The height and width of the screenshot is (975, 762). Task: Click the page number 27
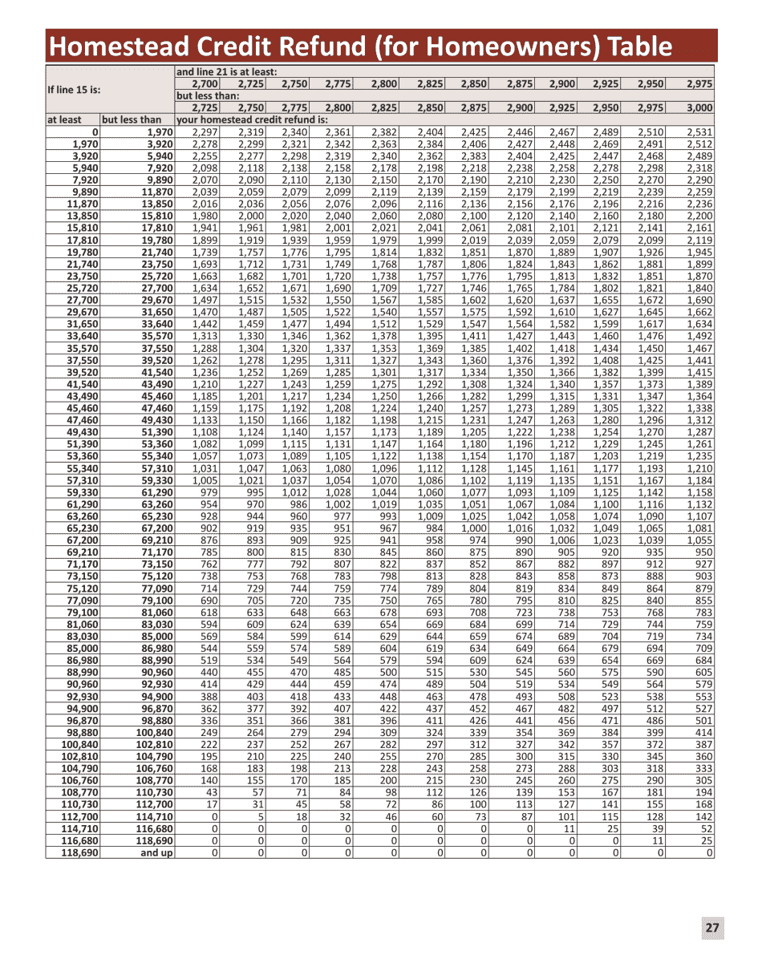(712, 928)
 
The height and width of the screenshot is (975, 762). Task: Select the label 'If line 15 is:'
(78, 90)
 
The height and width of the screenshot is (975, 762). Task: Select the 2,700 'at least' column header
(205, 83)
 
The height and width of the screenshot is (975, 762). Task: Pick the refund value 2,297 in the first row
(205, 131)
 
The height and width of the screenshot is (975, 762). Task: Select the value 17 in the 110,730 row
(212, 805)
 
